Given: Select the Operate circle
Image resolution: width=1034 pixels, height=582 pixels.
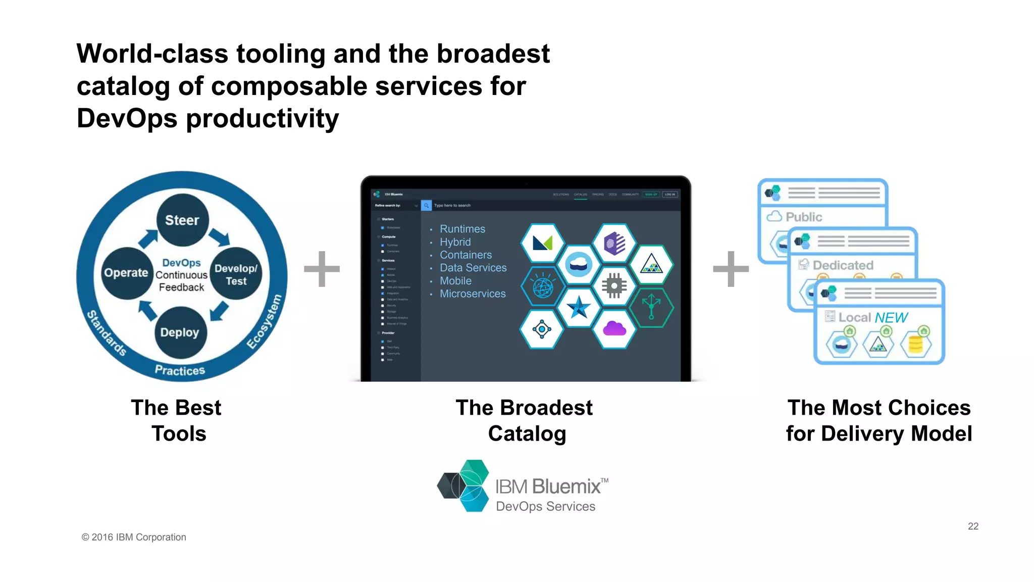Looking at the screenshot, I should coord(127,273).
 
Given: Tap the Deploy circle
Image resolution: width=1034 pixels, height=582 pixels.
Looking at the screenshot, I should coord(180,332).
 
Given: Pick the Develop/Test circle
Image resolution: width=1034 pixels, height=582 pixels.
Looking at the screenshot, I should coord(236,274).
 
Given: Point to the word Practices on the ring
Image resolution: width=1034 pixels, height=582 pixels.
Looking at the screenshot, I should coord(180,370).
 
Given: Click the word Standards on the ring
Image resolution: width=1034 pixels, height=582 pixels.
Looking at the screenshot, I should coord(107,333).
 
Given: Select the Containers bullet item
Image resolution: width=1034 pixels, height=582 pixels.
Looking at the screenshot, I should coord(466,255).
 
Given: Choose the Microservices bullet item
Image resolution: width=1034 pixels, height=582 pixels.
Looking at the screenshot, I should coord(473,294).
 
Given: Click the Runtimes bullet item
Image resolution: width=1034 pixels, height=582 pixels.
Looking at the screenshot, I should coord(462,229).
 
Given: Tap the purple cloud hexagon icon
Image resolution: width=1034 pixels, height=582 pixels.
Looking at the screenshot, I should coord(614,329).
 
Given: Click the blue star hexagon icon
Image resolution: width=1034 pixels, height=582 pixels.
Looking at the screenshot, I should coord(578,307).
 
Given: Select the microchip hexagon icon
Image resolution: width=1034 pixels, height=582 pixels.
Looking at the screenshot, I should coord(614,286).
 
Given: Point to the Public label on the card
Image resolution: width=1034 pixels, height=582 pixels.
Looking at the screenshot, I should coord(804,217).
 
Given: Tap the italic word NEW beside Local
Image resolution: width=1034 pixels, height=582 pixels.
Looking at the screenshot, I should coord(891,317).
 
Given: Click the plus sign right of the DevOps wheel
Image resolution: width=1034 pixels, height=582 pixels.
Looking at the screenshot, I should coord(322,269).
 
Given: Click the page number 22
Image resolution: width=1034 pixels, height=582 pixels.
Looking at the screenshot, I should coord(973,526).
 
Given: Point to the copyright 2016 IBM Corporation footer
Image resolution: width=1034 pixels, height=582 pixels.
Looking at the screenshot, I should coord(134,537).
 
